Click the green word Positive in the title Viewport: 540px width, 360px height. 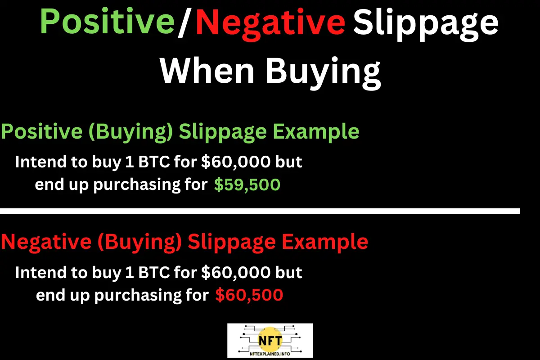click(x=107, y=22)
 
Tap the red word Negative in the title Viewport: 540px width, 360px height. click(x=270, y=22)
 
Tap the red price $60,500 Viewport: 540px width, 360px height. click(x=249, y=295)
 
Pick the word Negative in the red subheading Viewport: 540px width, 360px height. click(x=43, y=242)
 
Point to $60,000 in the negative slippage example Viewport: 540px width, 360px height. click(x=235, y=272)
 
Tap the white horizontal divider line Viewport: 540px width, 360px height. click(x=260, y=211)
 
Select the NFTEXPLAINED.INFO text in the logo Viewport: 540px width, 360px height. click(x=270, y=353)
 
